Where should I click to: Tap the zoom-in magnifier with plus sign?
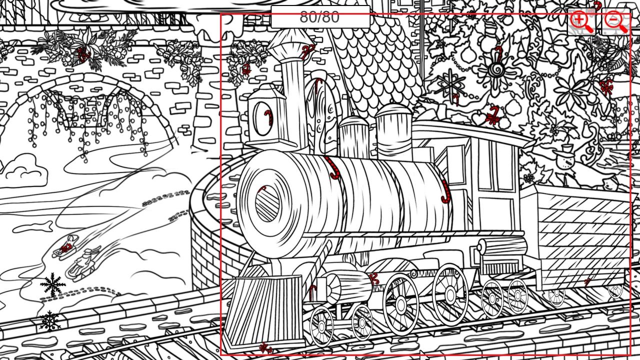(581, 22)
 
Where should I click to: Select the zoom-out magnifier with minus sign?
(616, 22)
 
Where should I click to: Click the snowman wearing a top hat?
(565, 159)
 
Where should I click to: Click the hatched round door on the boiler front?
(267, 203)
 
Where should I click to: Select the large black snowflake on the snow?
(52, 284)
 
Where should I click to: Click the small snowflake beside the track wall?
(50, 321)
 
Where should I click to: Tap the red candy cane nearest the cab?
(445, 191)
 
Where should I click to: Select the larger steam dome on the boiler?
(393, 132)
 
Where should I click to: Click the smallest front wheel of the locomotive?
(362, 322)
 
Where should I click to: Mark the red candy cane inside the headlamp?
(269, 117)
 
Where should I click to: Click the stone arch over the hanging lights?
(85, 94)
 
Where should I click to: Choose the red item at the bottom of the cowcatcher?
(266, 348)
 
